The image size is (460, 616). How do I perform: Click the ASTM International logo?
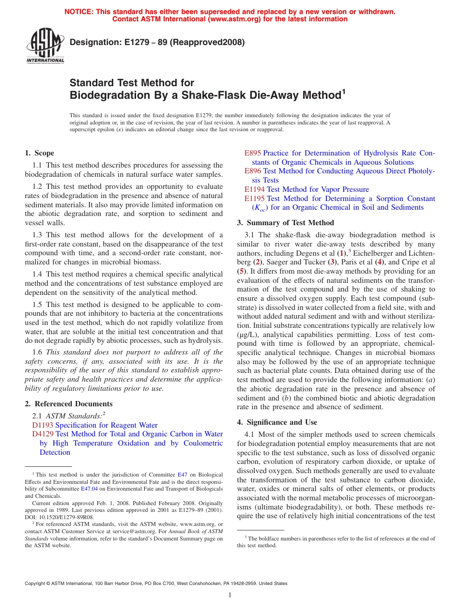click(x=45, y=46)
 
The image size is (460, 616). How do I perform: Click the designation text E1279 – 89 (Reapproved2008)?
click(x=157, y=42)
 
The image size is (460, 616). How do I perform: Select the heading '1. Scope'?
click(x=40, y=153)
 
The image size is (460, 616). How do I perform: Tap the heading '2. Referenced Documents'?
click(x=69, y=404)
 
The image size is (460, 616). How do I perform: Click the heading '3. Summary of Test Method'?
click(x=285, y=223)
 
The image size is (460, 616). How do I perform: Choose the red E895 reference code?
click(x=253, y=153)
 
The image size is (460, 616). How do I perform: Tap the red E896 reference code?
click(x=253, y=171)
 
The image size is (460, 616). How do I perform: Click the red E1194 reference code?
click(x=255, y=189)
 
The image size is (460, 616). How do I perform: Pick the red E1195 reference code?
click(x=255, y=199)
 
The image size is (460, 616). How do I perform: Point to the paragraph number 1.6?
click(x=38, y=353)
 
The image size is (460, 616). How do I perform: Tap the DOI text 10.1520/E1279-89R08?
click(x=65, y=517)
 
